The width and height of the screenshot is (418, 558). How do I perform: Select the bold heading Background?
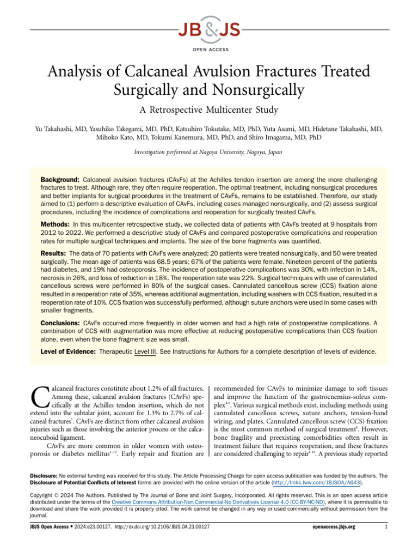click(x=60, y=180)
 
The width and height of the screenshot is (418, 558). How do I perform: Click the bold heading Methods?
click(x=55, y=225)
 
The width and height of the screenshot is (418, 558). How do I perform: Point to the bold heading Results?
click(x=54, y=254)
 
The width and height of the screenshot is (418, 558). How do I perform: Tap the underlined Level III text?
click(x=144, y=352)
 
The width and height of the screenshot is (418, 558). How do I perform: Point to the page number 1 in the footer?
click(x=386, y=543)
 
